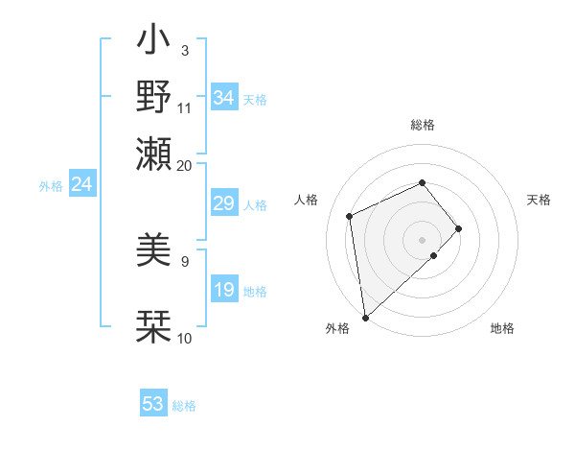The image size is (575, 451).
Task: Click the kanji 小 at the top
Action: (x=154, y=42)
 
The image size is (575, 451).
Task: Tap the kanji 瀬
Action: (x=154, y=154)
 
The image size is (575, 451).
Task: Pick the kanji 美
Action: (x=154, y=252)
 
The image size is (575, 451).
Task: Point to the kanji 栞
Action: (x=154, y=326)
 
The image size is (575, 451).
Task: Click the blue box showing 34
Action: (x=224, y=98)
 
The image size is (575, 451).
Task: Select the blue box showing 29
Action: (x=224, y=203)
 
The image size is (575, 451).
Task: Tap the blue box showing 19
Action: (x=224, y=290)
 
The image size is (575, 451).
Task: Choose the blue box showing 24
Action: (x=81, y=184)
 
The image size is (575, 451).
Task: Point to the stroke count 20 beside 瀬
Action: (x=184, y=166)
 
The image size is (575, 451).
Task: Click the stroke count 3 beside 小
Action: (x=185, y=50)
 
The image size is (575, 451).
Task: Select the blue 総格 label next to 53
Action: (x=184, y=406)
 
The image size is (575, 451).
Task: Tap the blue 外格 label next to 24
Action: (x=50, y=186)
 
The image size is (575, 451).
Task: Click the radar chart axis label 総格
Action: (x=423, y=125)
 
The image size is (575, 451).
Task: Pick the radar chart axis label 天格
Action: (x=540, y=200)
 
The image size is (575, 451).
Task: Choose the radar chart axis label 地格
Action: (x=502, y=328)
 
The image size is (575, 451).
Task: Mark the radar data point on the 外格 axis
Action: (x=364, y=317)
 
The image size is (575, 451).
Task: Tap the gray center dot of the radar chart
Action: (x=423, y=238)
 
